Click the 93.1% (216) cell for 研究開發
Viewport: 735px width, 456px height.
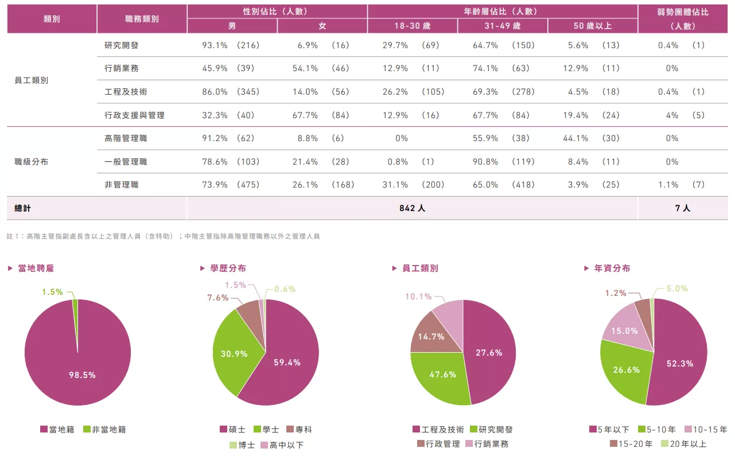[x=231, y=45]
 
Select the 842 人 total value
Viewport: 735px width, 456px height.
[x=412, y=208]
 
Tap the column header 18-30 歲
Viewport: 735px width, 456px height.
[x=412, y=26]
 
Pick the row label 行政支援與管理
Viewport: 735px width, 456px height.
[x=134, y=115]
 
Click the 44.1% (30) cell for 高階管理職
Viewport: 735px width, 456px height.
[x=593, y=138]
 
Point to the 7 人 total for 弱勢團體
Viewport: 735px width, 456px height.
[x=682, y=208]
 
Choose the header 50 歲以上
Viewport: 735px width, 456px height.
[x=592, y=26]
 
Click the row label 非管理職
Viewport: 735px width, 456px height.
[x=121, y=185]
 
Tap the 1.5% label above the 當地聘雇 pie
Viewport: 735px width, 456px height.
[x=52, y=292]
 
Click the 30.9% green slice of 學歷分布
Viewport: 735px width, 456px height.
[x=234, y=353]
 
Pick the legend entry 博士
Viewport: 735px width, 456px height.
[x=242, y=445]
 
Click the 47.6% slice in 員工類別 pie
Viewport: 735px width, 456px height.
[x=442, y=374]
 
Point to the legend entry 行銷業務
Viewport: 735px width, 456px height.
[x=487, y=443]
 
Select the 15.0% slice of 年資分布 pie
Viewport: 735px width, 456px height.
[x=624, y=331]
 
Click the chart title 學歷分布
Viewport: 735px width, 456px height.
[x=228, y=268]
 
